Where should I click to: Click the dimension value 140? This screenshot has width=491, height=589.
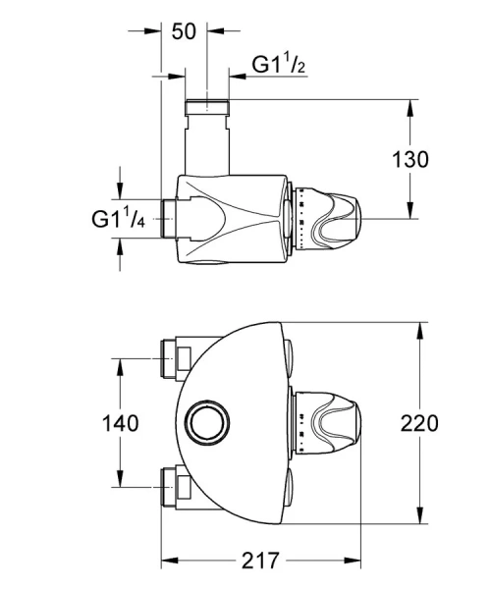click(x=119, y=424)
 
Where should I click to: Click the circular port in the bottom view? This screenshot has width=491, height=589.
click(x=207, y=424)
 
